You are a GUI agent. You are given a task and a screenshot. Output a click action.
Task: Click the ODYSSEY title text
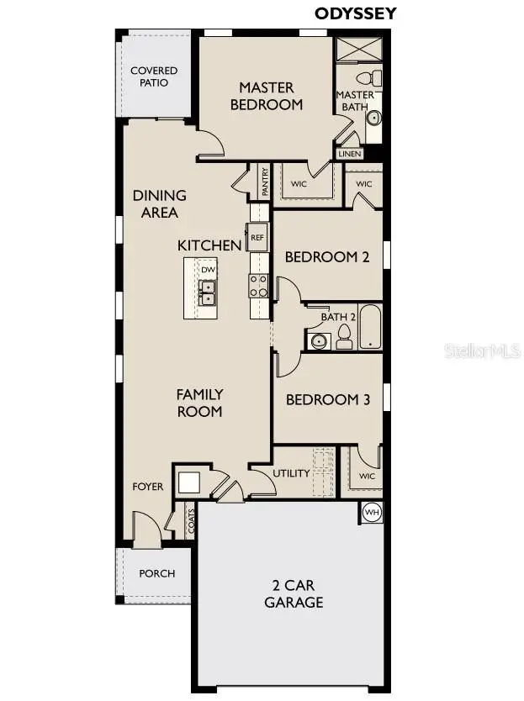(x=355, y=13)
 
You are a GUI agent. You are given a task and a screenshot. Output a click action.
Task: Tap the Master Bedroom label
(x=266, y=96)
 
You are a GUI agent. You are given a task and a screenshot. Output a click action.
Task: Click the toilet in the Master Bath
(x=376, y=78)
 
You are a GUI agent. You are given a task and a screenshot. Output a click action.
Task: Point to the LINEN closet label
(x=350, y=155)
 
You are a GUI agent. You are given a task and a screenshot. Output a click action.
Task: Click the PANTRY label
(x=264, y=182)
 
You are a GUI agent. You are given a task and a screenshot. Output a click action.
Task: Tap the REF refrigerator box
(x=257, y=237)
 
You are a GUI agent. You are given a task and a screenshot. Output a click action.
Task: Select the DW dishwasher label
(x=208, y=269)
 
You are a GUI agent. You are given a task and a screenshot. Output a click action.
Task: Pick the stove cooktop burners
(x=258, y=286)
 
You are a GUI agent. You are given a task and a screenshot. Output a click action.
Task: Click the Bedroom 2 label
(x=327, y=257)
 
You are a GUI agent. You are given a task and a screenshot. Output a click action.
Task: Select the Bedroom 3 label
(x=328, y=400)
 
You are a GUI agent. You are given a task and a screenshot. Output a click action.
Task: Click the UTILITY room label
(x=291, y=473)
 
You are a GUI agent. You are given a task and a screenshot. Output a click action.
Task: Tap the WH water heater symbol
(x=371, y=511)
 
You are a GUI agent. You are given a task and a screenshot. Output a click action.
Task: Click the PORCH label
(x=157, y=573)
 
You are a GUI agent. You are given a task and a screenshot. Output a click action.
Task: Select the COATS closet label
(x=191, y=521)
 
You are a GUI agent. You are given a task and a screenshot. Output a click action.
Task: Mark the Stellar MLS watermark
(x=482, y=350)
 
